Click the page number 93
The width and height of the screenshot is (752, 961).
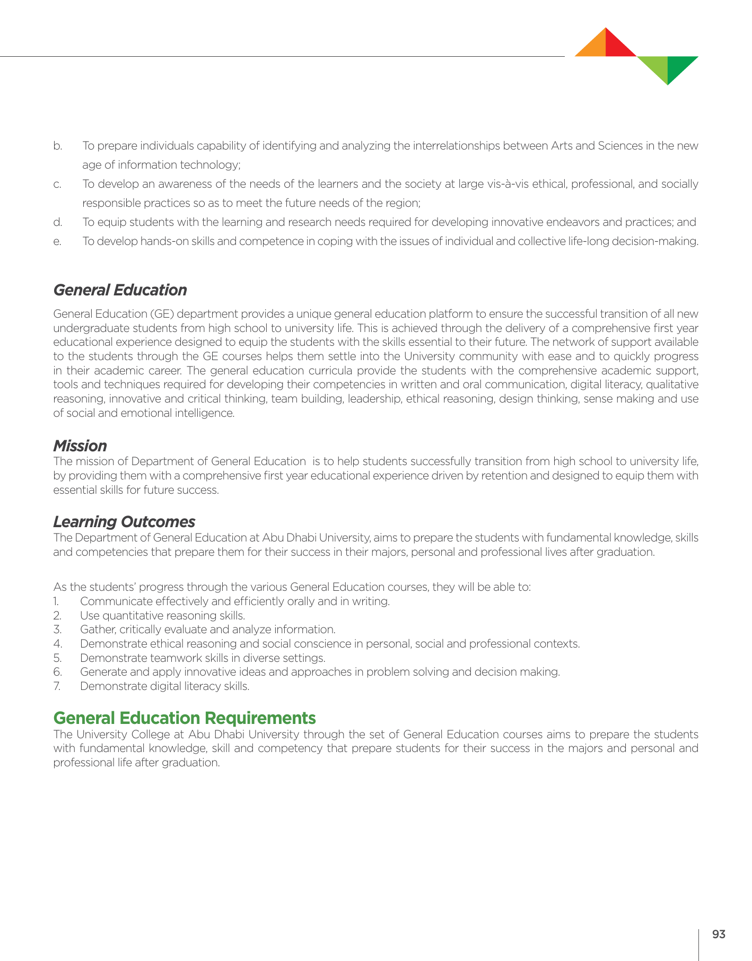coord(719,934)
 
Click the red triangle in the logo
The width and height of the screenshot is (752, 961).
coord(616,47)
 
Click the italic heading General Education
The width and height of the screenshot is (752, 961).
coord(120,290)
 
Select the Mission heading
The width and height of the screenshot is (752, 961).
coord(80,445)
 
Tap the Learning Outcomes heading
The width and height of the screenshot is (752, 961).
coord(124,522)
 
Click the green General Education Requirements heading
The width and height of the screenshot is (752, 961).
coord(185,718)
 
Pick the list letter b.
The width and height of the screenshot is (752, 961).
coord(57,146)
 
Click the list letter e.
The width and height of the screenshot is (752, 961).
coord(57,241)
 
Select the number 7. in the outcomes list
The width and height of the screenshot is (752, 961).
coord(57,686)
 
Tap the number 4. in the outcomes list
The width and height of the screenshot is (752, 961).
coord(57,644)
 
